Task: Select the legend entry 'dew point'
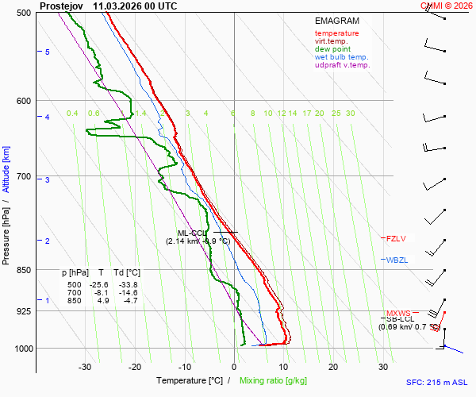click(332, 49)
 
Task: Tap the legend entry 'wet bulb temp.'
click(341, 57)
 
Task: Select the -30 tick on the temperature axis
click(85, 367)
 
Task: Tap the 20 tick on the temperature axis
click(333, 367)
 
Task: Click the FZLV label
click(396, 238)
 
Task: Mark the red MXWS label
click(398, 313)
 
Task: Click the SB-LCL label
click(401, 319)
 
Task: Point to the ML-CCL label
click(192, 233)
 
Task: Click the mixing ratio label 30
click(350, 114)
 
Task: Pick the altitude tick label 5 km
click(48, 52)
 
